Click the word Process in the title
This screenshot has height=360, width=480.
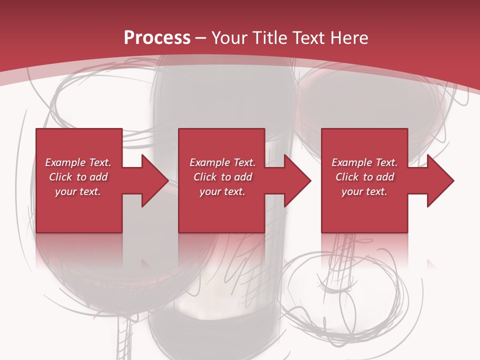click(x=157, y=38)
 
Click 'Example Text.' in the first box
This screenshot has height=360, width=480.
click(x=78, y=162)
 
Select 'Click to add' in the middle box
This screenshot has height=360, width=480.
click(x=222, y=177)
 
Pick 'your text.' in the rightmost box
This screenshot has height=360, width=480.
click(x=364, y=191)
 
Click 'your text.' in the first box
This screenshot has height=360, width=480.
click(x=78, y=191)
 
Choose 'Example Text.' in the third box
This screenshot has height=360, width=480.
click(x=364, y=162)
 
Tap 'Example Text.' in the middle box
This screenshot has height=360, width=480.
click(x=222, y=162)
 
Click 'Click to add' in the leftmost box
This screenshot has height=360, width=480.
click(x=78, y=177)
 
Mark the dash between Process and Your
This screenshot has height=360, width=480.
click(x=201, y=38)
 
